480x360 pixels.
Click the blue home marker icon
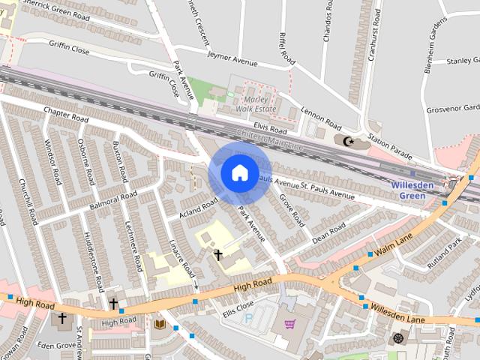point(239,172)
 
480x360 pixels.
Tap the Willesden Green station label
point(409,190)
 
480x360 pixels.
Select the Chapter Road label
point(66,115)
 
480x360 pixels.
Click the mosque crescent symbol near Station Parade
point(348,140)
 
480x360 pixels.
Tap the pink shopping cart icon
point(289,324)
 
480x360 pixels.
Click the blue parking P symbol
point(250,318)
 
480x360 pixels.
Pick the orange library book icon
point(159,324)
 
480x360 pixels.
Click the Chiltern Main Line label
point(269,140)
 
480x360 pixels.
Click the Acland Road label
point(198,208)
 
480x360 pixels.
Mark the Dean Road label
point(328,234)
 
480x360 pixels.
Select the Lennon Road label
point(320,115)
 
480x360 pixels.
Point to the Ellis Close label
point(238,307)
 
